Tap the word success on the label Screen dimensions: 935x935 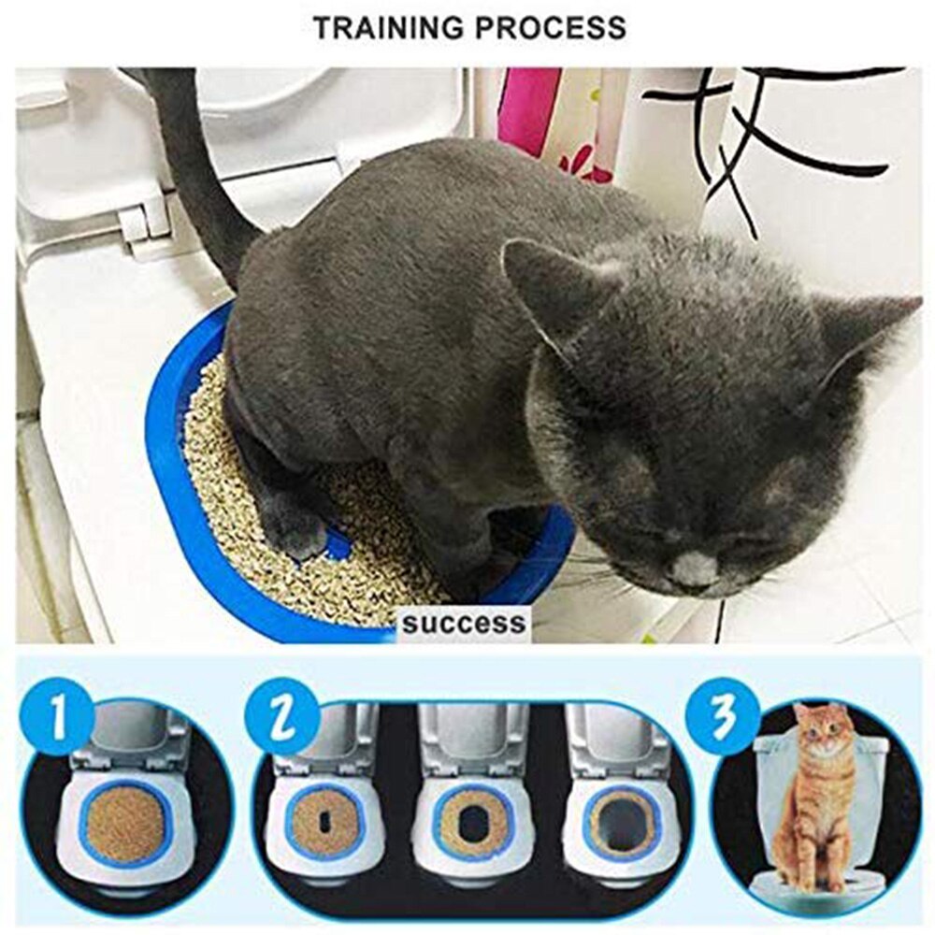(x=464, y=623)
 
